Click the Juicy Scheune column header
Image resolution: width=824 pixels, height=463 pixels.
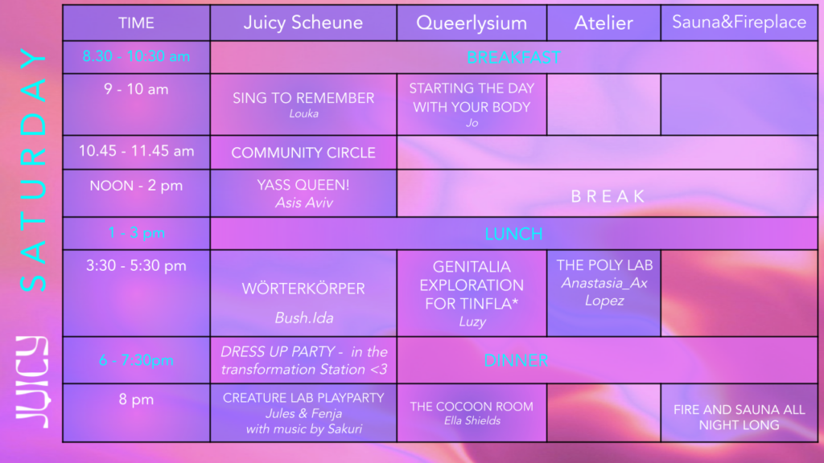click(303, 23)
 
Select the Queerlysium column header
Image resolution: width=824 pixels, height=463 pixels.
click(472, 23)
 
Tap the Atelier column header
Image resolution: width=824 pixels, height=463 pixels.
click(604, 23)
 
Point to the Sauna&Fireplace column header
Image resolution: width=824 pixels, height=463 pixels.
click(739, 22)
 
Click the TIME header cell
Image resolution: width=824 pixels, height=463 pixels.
click(136, 23)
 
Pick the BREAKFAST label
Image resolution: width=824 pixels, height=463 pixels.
click(513, 57)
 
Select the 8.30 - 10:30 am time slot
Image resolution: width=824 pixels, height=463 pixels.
click(136, 57)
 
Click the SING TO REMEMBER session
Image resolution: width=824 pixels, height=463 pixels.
click(303, 98)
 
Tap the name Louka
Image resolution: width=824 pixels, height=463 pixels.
click(303, 114)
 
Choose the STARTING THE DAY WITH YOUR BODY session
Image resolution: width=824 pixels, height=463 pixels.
click(472, 97)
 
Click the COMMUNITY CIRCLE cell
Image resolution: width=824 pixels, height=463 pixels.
click(303, 153)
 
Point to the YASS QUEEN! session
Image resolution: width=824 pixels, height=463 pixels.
click(303, 185)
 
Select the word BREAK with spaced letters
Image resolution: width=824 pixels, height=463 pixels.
click(608, 196)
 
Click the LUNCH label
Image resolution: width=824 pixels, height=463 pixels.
click(513, 234)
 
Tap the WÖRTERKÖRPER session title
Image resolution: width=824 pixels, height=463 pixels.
click(303, 289)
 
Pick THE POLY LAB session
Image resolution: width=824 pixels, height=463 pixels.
click(604, 265)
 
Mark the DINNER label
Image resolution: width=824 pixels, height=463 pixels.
click(516, 360)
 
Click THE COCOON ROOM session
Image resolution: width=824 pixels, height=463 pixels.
click(472, 407)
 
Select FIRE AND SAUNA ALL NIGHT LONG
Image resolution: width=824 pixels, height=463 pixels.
click(739, 417)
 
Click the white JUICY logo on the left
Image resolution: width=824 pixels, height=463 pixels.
click(32, 380)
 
